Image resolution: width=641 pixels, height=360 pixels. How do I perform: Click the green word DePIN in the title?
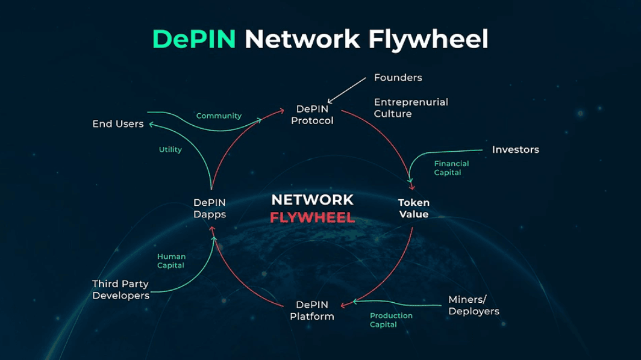[x=195, y=39]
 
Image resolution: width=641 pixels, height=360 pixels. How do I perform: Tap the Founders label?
[x=398, y=78]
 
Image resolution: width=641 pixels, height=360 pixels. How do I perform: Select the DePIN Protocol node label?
[x=312, y=114]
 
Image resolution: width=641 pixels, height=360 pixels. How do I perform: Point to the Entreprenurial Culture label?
[x=411, y=108]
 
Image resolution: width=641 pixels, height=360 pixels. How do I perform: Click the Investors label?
[x=515, y=149]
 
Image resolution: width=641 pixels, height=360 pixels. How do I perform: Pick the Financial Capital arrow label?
[x=451, y=168]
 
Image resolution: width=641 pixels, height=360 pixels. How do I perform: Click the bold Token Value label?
[x=413, y=208]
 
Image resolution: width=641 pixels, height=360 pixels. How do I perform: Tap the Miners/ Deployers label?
[x=474, y=305]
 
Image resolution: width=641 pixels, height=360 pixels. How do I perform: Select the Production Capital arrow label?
[x=391, y=320]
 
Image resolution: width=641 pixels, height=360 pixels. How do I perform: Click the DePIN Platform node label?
[x=311, y=310]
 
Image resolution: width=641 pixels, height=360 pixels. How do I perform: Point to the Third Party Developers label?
[x=120, y=290]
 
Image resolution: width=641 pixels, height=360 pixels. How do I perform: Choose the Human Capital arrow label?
[x=171, y=261]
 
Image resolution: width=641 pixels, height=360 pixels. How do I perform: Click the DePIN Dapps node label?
[x=210, y=208]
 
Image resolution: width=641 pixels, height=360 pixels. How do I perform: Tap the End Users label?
[x=118, y=124]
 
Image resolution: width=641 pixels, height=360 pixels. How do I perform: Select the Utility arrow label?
[x=170, y=149]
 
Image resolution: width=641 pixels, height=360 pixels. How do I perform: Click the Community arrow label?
[x=219, y=116]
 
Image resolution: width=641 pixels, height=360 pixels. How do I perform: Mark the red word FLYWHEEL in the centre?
[x=312, y=217]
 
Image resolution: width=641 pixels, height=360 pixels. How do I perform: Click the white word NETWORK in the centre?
[x=312, y=200]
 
